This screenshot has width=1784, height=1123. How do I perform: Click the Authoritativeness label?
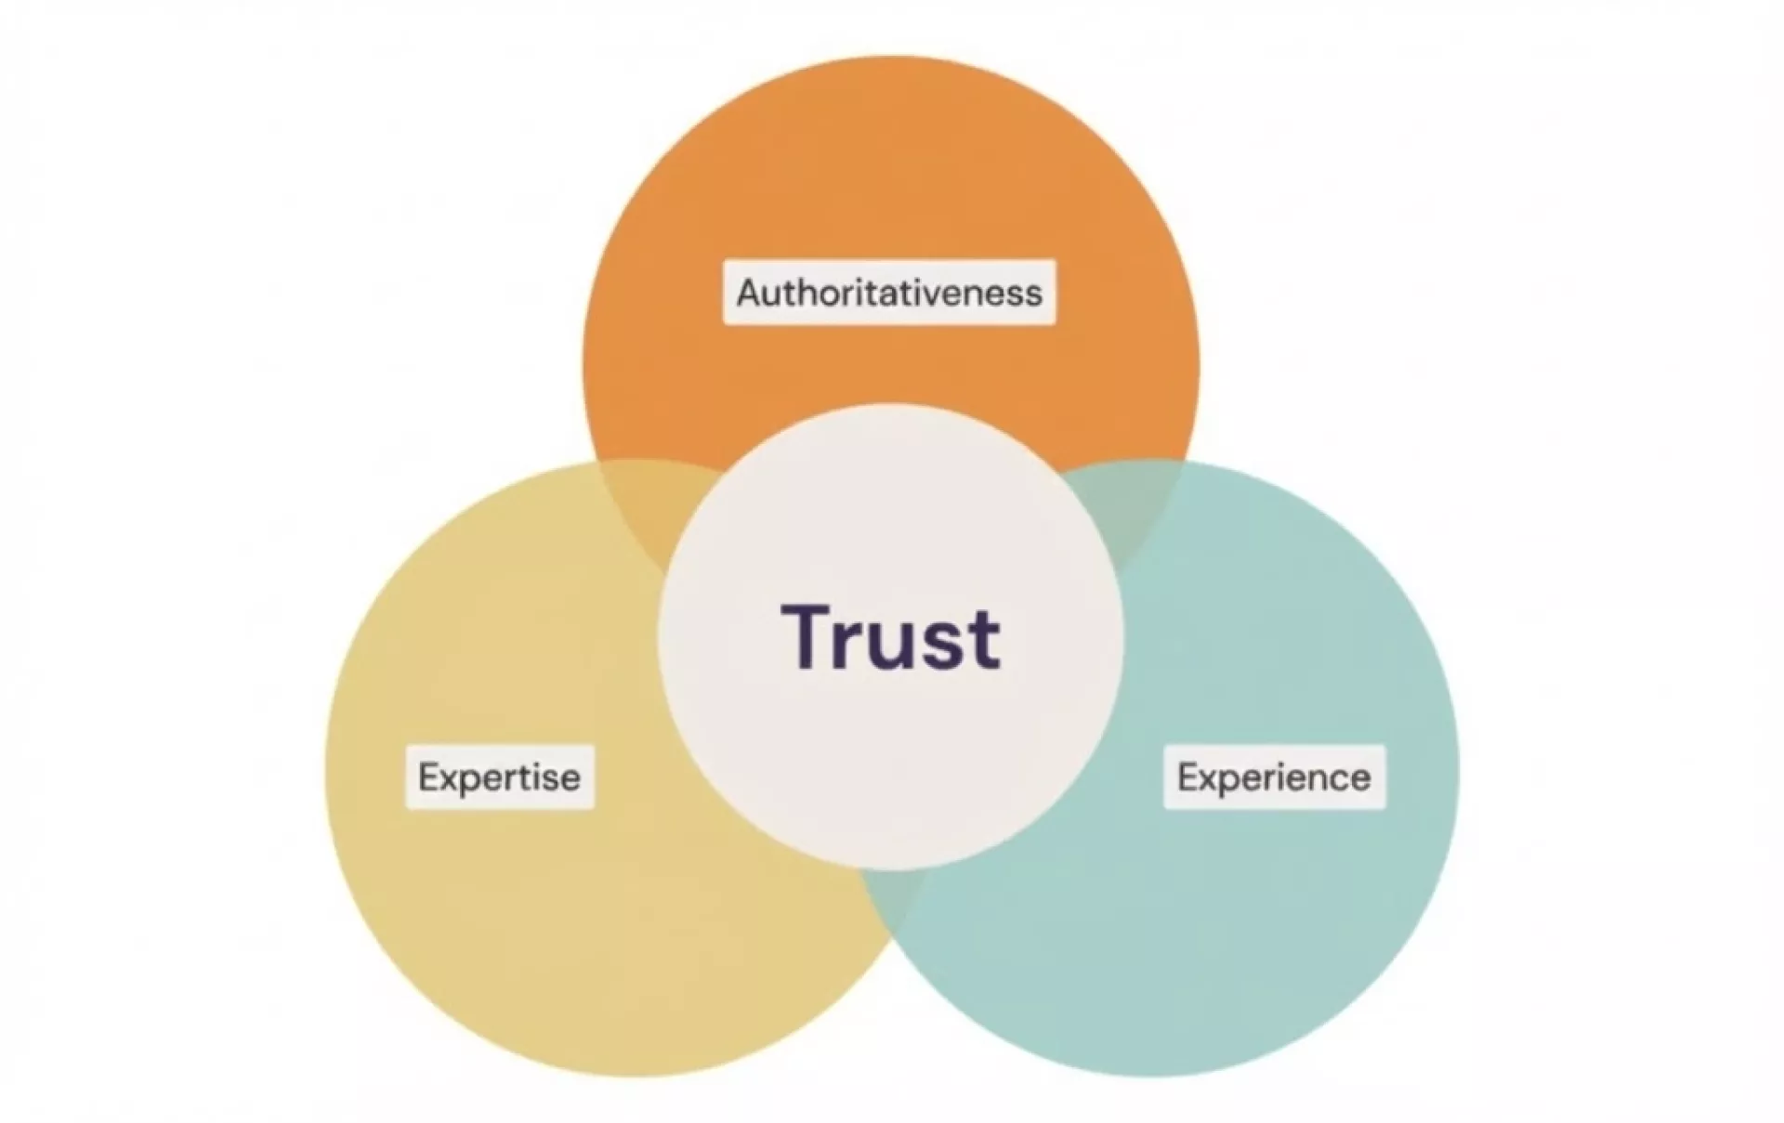click(889, 293)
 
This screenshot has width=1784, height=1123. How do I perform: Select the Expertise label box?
click(500, 777)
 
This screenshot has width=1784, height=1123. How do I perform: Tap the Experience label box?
click(1274, 777)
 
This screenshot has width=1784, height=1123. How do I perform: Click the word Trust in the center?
click(890, 637)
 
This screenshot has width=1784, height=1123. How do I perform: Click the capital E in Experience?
click(1187, 777)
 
